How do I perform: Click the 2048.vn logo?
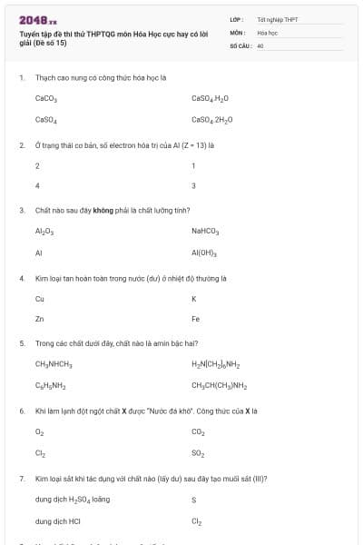pyautogui.click(x=37, y=20)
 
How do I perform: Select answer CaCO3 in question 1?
pyautogui.click(x=46, y=98)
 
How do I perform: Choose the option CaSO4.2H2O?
pyautogui.click(x=211, y=119)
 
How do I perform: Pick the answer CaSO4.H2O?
pyautogui.click(x=210, y=98)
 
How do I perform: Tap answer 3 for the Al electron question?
pyautogui.click(x=193, y=185)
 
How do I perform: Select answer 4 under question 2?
pyautogui.click(x=37, y=185)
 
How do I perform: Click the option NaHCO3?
pyautogui.click(x=205, y=231)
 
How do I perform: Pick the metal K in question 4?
pyautogui.click(x=193, y=298)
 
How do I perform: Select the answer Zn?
pyautogui.click(x=39, y=319)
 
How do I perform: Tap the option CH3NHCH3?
pyautogui.click(x=54, y=364)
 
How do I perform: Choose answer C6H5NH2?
pyautogui.click(x=51, y=385)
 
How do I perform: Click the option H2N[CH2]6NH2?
pyautogui.click(x=215, y=364)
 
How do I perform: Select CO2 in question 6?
pyautogui.click(x=198, y=431)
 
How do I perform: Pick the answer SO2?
pyautogui.click(x=198, y=452)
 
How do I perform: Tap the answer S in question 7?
pyautogui.click(x=193, y=499)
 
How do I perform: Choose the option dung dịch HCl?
pyautogui.click(x=57, y=520)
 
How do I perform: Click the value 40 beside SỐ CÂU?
pyautogui.click(x=260, y=44)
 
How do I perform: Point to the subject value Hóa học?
pyautogui.click(x=266, y=31)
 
